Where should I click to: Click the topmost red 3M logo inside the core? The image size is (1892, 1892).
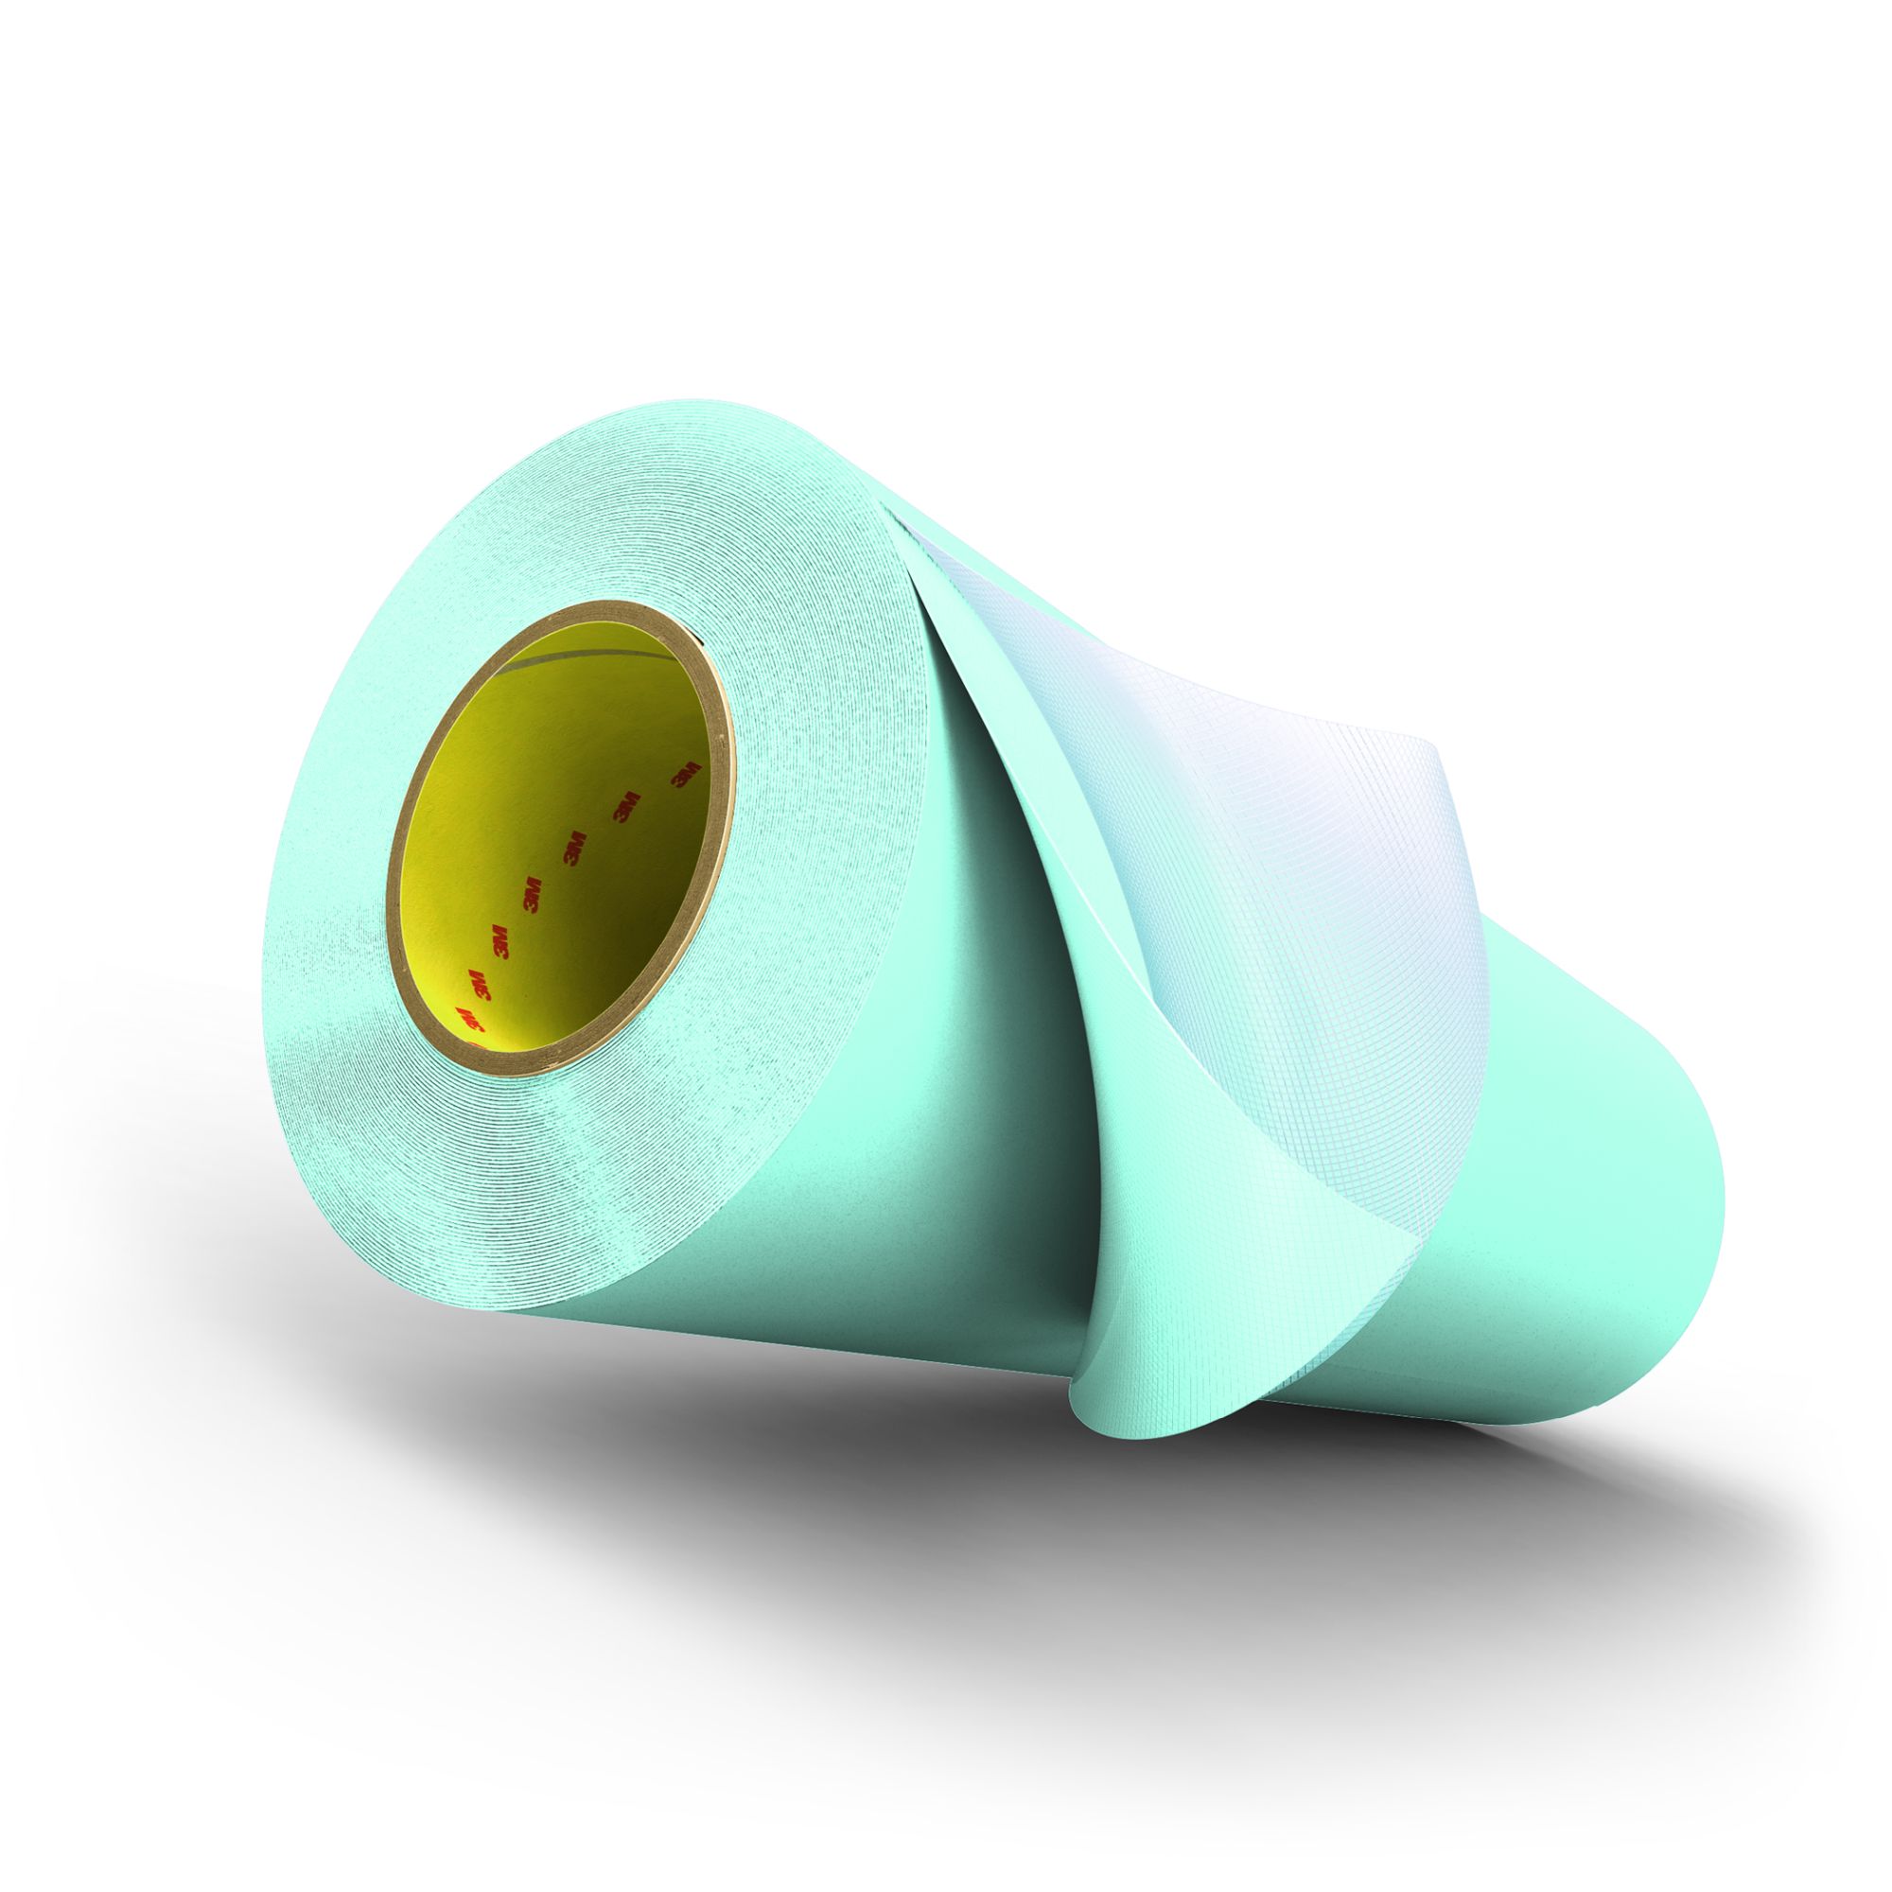coord(683,774)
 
